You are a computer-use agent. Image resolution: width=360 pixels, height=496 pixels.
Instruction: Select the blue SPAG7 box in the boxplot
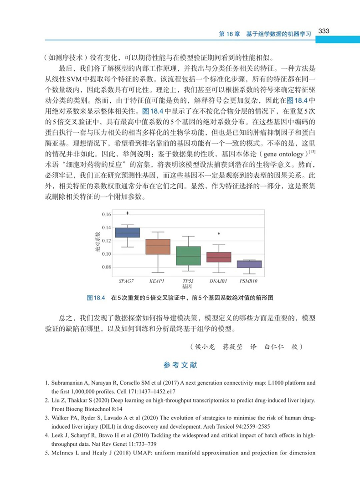click(127, 232)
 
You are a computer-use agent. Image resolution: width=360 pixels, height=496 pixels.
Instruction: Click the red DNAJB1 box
click(219, 257)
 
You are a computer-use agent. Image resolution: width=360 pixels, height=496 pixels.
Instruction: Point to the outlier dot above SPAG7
click(127, 213)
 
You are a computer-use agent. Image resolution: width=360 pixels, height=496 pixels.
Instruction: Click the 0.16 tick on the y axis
click(106, 214)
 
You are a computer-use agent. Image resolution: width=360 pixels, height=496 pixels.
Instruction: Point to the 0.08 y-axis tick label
click(106, 267)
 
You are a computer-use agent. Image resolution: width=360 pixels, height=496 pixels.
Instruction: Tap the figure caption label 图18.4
click(96, 298)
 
